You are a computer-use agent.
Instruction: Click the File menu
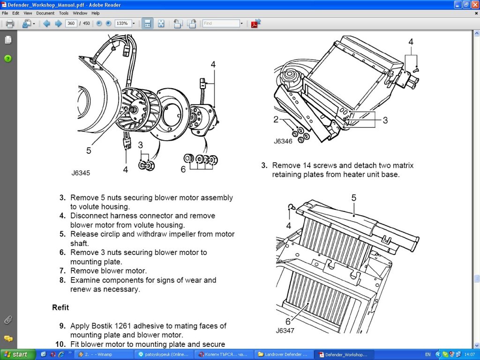click(5, 13)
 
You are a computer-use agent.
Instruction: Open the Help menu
click(95, 13)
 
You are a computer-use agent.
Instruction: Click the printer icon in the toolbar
click(10, 23)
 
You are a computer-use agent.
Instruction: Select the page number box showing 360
click(71, 23)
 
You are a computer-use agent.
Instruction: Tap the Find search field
click(221, 23)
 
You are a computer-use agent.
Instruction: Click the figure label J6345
click(81, 173)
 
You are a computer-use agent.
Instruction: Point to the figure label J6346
click(283, 141)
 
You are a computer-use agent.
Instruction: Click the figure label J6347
click(285, 330)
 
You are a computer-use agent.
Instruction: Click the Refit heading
click(60, 307)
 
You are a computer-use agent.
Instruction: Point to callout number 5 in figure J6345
click(89, 150)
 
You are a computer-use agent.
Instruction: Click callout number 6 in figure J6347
click(288, 322)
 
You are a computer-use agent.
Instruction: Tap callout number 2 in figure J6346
click(276, 120)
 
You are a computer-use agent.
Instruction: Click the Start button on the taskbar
click(17, 354)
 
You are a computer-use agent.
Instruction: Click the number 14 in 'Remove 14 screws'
click(307, 165)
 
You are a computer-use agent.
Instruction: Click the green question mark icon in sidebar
click(8, 59)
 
